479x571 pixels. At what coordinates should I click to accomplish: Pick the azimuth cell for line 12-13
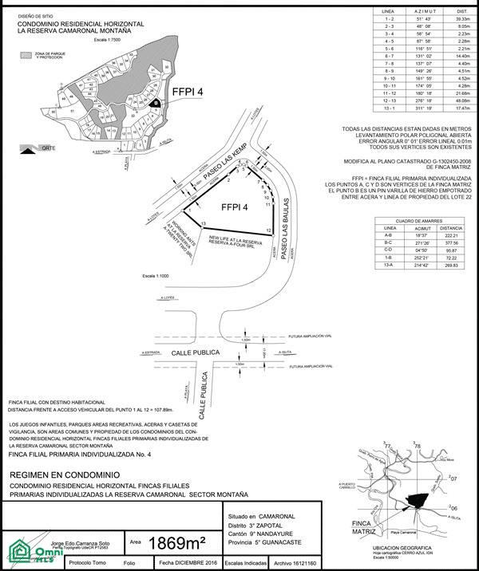coord(406,101)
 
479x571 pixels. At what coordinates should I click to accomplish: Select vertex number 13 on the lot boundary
coord(204,223)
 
